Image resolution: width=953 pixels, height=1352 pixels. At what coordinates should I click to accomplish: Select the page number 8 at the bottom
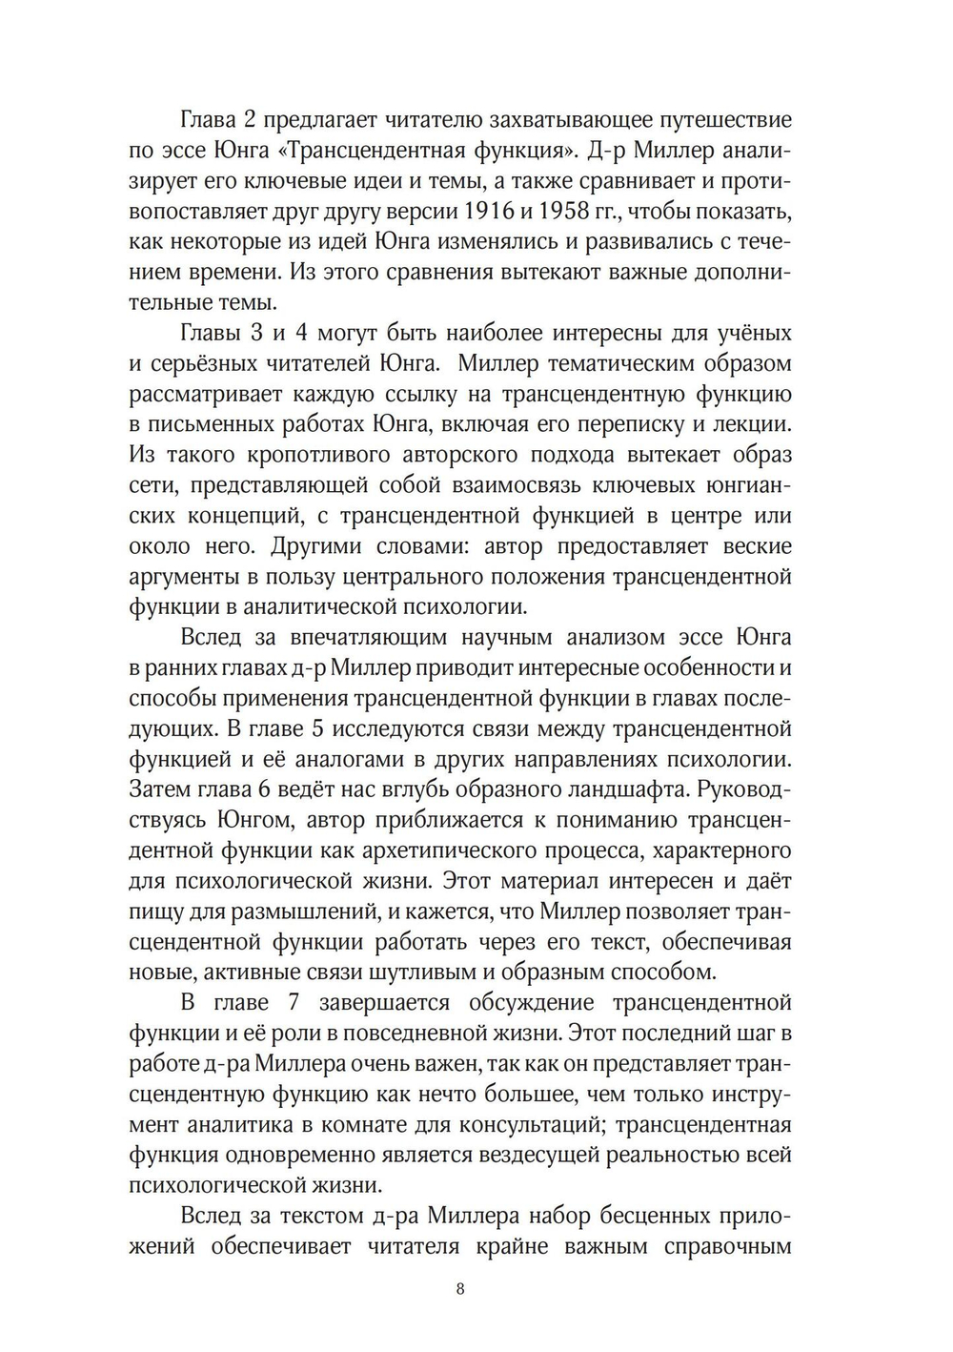point(460,1290)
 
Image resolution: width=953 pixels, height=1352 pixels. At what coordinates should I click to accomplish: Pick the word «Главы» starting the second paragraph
point(209,334)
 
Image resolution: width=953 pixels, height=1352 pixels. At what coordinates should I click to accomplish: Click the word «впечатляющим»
point(367,638)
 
